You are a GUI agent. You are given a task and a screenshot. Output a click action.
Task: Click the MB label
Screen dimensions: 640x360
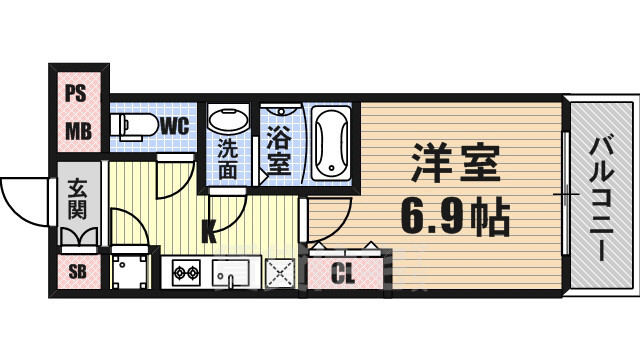pos(76,130)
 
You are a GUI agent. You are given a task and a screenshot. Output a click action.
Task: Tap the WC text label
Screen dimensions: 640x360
pos(173,126)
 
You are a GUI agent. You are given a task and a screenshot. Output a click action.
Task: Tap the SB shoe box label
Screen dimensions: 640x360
pos(76,271)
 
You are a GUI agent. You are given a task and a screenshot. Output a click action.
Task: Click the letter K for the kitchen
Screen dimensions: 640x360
pos(207,234)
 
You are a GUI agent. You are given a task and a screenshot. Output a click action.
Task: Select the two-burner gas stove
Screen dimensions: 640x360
pos(187,271)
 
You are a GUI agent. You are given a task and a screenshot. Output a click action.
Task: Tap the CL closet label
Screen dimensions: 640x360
pos(343,271)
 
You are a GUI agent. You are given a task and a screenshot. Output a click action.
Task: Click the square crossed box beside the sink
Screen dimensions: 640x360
pos(282,271)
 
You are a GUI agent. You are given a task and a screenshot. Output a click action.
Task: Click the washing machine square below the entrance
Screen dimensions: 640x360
pos(129,270)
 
